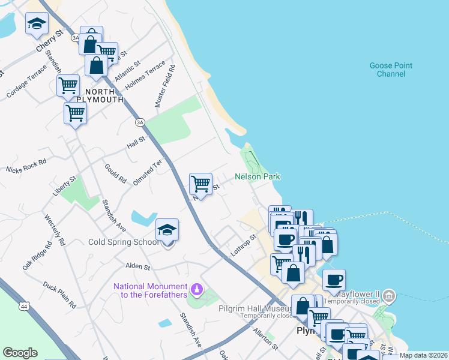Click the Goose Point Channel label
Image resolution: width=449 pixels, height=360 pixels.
tap(391, 70)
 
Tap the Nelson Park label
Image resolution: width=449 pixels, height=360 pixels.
tap(258, 176)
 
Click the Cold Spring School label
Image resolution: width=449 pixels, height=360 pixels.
tap(124, 242)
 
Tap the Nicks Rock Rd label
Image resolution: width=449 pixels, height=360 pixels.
tap(26, 166)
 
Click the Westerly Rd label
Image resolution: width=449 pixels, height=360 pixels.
tap(54, 227)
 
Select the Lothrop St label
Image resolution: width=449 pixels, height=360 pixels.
tap(244, 245)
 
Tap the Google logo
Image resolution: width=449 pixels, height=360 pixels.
tap(20, 353)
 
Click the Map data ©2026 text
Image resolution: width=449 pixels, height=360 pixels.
tap(424, 355)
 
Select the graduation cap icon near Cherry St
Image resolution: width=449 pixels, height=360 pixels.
tap(37, 25)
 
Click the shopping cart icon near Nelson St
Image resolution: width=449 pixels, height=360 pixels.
tap(200, 183)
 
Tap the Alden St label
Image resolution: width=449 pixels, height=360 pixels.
tap(137, 265)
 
